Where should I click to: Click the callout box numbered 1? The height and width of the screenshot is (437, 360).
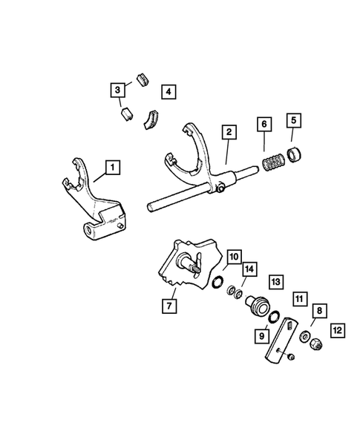pos(111,168)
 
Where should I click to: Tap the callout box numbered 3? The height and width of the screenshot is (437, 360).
pos(117,91)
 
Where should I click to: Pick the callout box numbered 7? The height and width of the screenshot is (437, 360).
pos(169,304)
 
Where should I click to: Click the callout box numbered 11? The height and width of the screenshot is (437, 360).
pos(298,299)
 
